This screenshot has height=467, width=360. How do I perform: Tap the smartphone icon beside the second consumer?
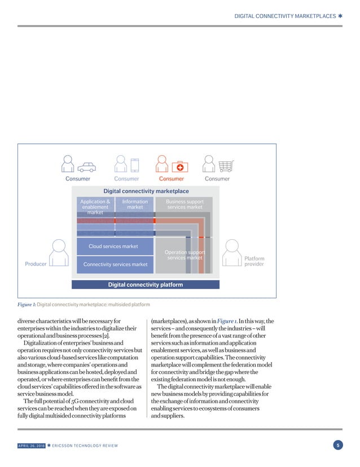pos(134,164)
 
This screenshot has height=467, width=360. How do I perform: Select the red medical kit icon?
pos(179,166)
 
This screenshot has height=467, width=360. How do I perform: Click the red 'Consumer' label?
pos(172,179)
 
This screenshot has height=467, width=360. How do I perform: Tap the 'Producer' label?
pos(36,263)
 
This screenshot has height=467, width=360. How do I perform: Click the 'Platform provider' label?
pos(254,261)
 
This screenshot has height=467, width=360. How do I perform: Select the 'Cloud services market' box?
pos(113,246)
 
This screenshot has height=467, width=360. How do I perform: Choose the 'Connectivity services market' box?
pos(115,265)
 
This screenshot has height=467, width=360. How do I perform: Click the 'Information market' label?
pos(135,204)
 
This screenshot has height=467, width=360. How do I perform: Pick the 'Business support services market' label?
pos(185,204)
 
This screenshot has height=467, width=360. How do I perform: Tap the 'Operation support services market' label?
pos(184,255)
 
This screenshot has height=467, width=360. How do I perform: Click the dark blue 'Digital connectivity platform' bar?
pos(146,285)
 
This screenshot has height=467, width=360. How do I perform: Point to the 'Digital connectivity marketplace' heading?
pos(146,192)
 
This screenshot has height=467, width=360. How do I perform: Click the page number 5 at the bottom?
pos(337,446)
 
